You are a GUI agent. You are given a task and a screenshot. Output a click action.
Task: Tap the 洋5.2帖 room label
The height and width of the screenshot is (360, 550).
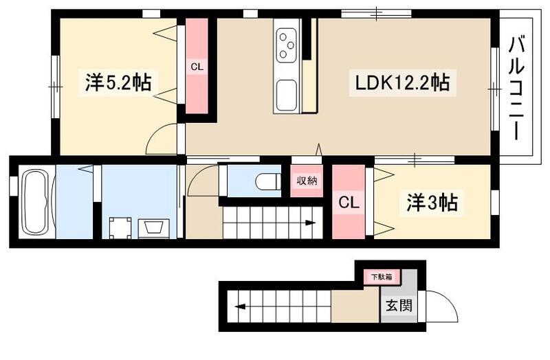[x=118, y=83]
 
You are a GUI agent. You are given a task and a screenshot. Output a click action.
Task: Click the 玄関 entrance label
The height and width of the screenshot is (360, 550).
[x=399, y=304]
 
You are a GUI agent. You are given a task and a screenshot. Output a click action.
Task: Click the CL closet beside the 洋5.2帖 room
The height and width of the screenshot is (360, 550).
[x=197, y=67]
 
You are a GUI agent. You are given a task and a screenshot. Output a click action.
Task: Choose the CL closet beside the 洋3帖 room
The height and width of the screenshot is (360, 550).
[x=349, y=203]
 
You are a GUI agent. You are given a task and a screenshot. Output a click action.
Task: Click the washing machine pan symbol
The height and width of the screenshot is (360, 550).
[x=120, y=227]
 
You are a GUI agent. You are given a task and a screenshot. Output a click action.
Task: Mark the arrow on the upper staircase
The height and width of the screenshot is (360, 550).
[x=309, y=223]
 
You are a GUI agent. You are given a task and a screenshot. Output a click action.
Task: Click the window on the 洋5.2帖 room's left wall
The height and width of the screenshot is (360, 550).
[x=54, y=85]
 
